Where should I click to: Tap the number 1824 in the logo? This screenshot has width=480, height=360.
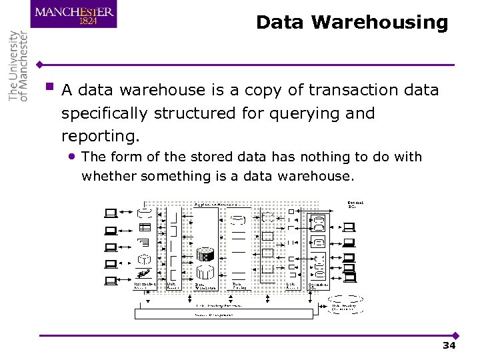click(x=88, y=21)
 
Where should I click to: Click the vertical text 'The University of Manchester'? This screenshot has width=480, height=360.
click(x=19, y=65)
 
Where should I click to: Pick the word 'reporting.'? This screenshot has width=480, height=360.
click(x=101, y=136)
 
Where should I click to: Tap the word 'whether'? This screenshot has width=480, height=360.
click(x=107, y=176)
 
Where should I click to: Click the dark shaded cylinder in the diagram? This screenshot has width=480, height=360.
click(x=206, y=255)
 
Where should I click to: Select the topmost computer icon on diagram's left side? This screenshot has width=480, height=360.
click(x=111, y=213)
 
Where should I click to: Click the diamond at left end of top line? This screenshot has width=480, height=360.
click(x=41, y=65)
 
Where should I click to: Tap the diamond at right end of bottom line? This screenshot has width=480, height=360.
click(x=455, y=335)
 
